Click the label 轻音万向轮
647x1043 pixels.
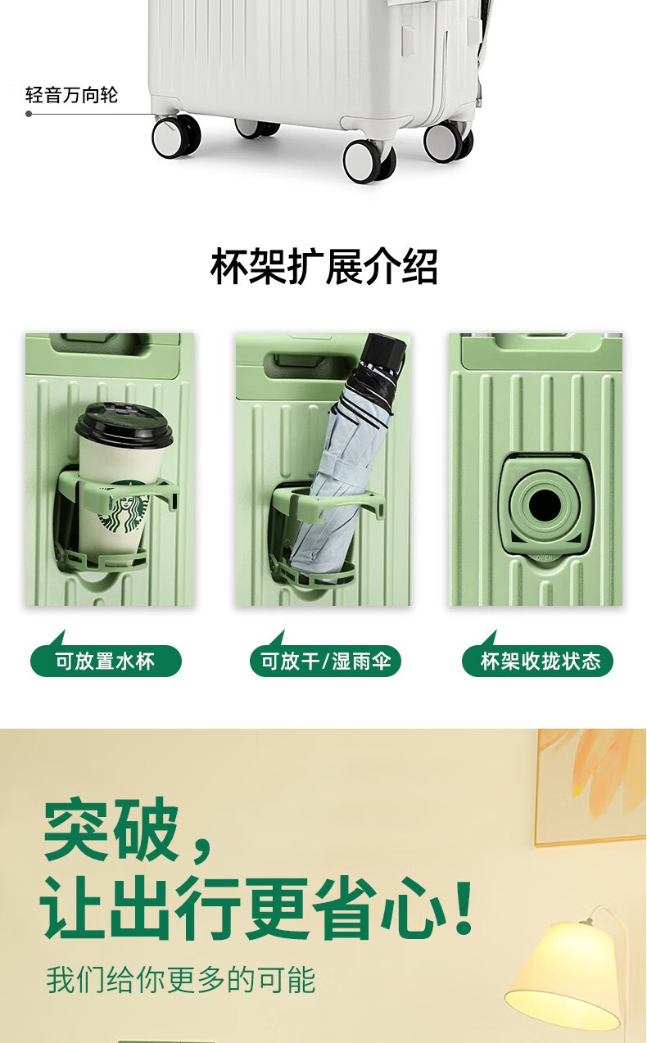[x=71, y=95]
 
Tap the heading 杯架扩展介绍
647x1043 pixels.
[x=323, y=266]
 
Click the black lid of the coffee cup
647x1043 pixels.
[x=124, y=423]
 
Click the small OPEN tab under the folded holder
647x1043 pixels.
[x=544, y=558]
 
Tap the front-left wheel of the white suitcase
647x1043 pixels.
[x=177, y=137]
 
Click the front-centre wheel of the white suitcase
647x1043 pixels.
[x=369, y=160]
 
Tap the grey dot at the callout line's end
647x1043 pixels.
[x=29, y=114]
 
